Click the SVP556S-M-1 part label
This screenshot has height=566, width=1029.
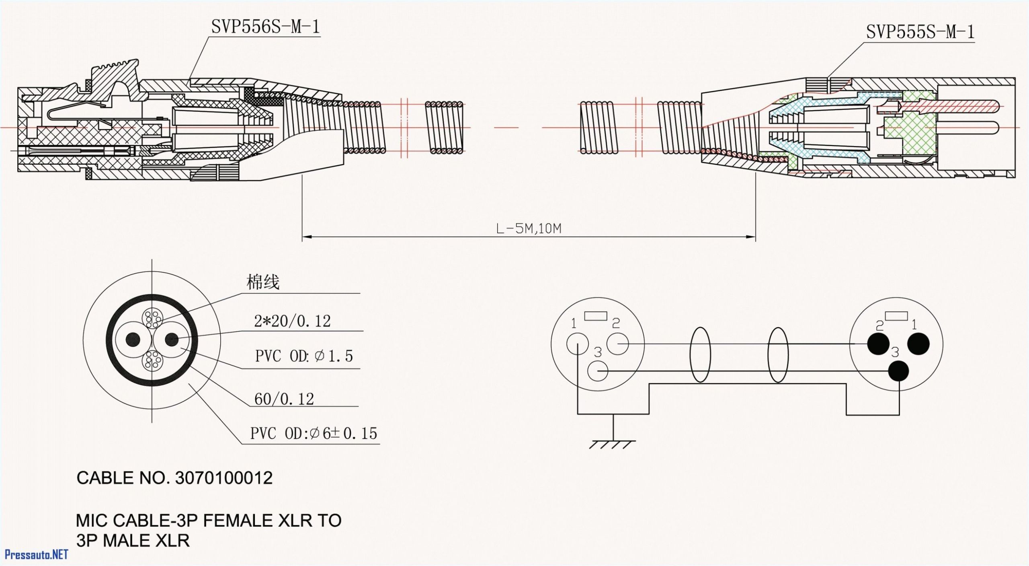click(x=265, y=27)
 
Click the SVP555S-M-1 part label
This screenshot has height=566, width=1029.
click(x=920, y=32)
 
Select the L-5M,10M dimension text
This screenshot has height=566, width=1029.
click(x=529, y=229)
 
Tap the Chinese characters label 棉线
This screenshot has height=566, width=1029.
click(x=262, y=282)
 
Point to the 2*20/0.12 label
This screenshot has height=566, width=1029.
click(x=292, y=321)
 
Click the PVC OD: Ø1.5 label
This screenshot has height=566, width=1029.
click(x=304, y=356)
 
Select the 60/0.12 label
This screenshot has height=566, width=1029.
click(x=284, y=399)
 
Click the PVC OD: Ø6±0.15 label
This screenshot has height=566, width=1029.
click(x=314, y=434)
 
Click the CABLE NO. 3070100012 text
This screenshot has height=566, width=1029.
click(x=174, y=478)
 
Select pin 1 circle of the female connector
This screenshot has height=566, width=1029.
click(x=578, y=344)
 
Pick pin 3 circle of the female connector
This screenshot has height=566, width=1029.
click(x=598, y=370)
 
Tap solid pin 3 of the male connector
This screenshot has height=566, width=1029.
click(x=898, y=371)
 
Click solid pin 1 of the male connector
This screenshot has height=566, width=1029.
click(x=918, y=344)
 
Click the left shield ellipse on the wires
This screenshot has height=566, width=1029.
click(x=700, y=354)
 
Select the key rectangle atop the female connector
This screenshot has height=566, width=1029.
click(x=595, y=316)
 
